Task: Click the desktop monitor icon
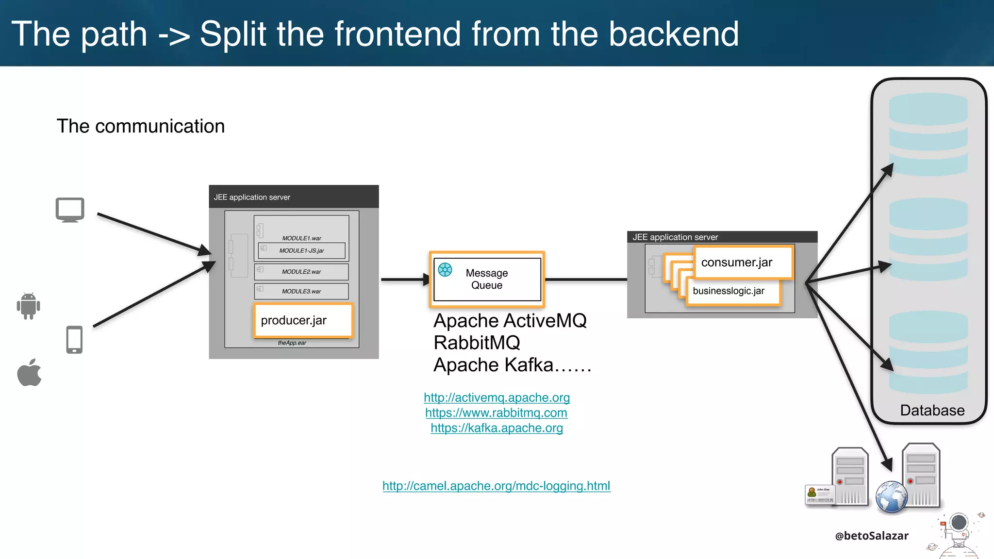(70, 210)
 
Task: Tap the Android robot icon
(29, 306)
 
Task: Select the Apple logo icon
(30, 373)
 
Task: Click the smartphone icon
(74, 340)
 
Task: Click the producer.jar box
(303, 320)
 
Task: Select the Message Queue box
(487, 279)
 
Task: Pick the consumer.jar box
(743, 263)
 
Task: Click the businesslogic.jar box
(733, 291)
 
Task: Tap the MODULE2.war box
(301, 272)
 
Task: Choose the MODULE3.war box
(301, 291)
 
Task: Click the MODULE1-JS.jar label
(301, 251)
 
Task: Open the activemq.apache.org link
(497, 397)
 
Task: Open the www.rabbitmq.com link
(496, 413)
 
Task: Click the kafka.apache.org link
(497, 428)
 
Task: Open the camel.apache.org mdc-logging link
(496, 486)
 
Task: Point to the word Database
(932, 411)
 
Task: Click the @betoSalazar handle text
(871, 536)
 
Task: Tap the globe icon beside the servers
(891, 497)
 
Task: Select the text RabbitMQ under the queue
(477, 343)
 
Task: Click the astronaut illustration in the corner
(957, 534)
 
